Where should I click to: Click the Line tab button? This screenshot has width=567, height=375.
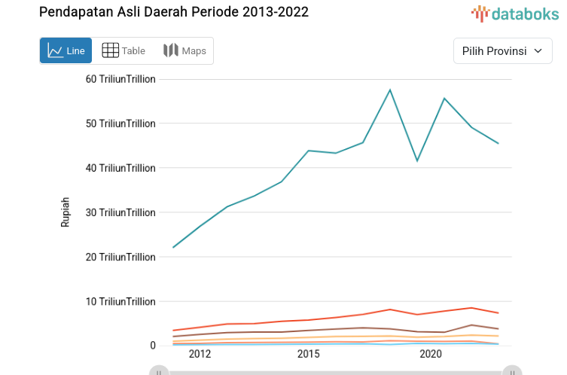(x=66, y=50)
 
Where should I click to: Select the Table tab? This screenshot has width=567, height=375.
(x=123, y=50)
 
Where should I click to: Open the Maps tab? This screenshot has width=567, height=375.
(x=184, y=50)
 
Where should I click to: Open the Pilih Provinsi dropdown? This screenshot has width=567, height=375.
(x=502, y=50)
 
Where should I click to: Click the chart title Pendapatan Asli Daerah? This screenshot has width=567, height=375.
(x=173, y=12)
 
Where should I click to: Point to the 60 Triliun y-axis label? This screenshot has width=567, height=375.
(x=120, y=79)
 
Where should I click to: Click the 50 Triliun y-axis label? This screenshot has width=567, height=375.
(x=120, y=123)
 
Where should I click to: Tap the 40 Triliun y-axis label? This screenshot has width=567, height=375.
(x=120, y=168)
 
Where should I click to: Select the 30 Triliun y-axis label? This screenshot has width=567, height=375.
(x=120, y=212)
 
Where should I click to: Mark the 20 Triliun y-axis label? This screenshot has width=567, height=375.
(x=120, y=257)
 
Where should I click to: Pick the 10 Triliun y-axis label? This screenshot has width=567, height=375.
(x=120, y=301)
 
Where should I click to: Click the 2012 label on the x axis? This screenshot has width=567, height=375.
(x=200, y=354)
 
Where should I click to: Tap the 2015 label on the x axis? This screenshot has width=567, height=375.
(x=308, y=354)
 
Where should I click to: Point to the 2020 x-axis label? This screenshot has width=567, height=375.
(x=430, y=354)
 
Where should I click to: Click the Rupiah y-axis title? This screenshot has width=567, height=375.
(x=66, y=212)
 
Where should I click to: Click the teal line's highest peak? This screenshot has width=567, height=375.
(x=390, y=90)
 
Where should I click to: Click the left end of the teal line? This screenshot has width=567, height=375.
(x=173, y=247)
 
